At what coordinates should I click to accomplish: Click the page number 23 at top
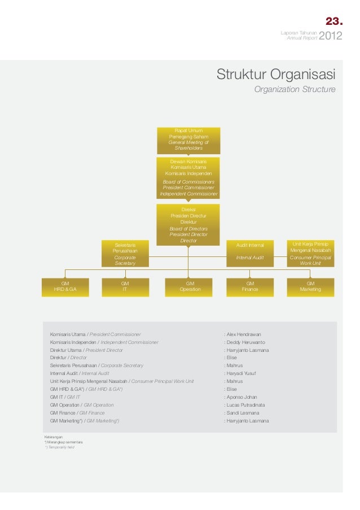[333, 22]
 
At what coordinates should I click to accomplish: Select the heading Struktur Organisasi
[276, 75]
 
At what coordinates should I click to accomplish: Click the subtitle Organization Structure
[295, 90]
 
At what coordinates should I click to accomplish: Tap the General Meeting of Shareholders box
[188, 140]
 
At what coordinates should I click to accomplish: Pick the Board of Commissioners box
[188, 178]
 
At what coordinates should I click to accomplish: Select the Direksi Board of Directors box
[188, 225]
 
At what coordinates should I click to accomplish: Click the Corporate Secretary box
[125, 253]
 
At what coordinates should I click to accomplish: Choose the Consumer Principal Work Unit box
[310, 253]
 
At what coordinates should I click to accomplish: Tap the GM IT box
[125, 286]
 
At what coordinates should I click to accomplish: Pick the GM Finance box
[250, 286]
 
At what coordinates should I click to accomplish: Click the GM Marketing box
[310, 286]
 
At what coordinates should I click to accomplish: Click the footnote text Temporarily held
[60, 447]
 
